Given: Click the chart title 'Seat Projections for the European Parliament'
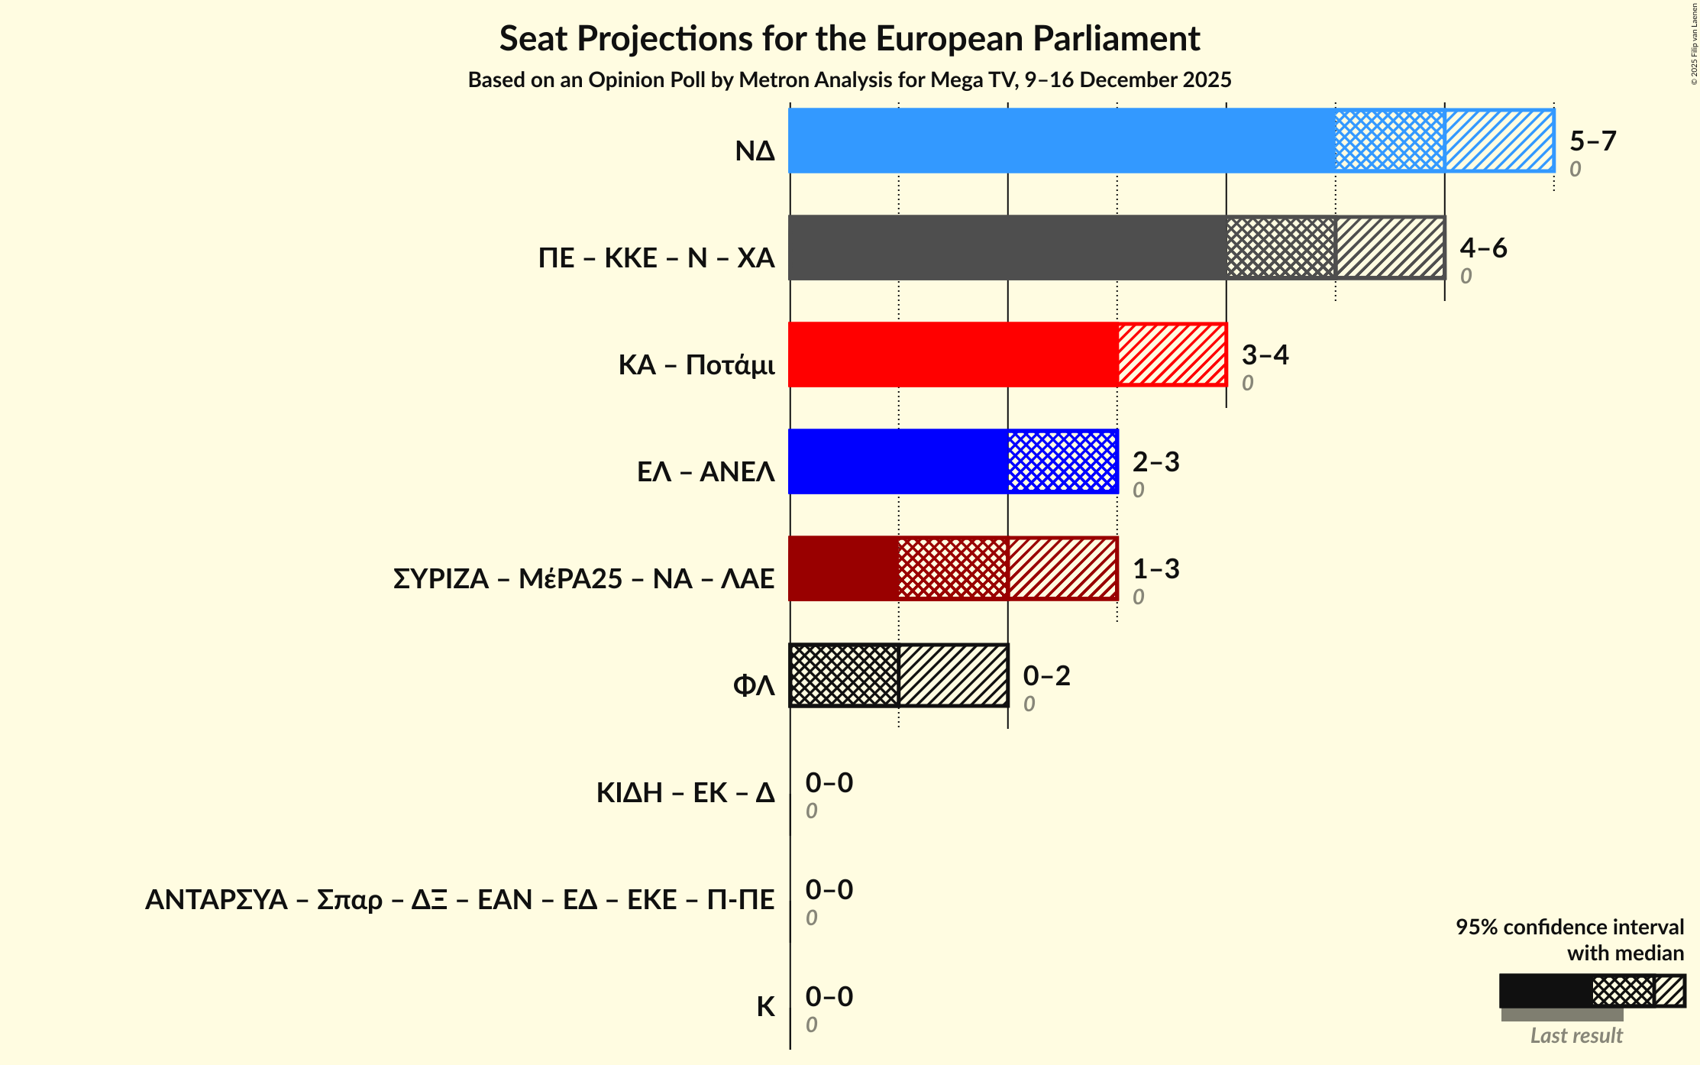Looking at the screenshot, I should (x=849, y=38).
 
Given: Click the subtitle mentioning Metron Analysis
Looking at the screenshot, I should (x=849, y=80).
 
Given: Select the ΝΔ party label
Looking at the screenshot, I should (x=755, y=151).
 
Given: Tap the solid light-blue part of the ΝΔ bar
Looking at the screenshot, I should (x=1062, y=141).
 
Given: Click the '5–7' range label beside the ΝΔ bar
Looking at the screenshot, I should (x=1592, y=141).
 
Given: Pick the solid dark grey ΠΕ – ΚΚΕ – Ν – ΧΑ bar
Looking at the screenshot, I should (x=1007, y=248).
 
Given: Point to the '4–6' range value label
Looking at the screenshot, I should (x=1483, y=248).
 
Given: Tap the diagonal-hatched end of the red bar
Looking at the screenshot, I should (x=1172, y=354).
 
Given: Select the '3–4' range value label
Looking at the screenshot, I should (x=1265, y=355).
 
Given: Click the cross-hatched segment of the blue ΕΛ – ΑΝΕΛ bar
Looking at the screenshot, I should (x=1062, y=461).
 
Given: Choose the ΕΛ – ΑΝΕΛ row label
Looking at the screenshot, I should (x=706, y=472).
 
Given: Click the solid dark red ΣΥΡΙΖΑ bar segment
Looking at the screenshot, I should (x=844, y=568).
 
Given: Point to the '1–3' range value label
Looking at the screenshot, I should (x=1155, y=569).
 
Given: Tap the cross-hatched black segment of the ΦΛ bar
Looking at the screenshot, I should (x=845, y=675).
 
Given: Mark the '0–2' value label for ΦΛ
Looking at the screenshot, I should (x=1046, y=676).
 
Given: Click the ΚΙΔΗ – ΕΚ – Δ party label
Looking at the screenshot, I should (x=685, y=793).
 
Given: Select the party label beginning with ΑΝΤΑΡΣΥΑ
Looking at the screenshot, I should (x=460, y=900).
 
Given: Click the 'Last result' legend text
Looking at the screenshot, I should (x=1576, y=1036).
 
